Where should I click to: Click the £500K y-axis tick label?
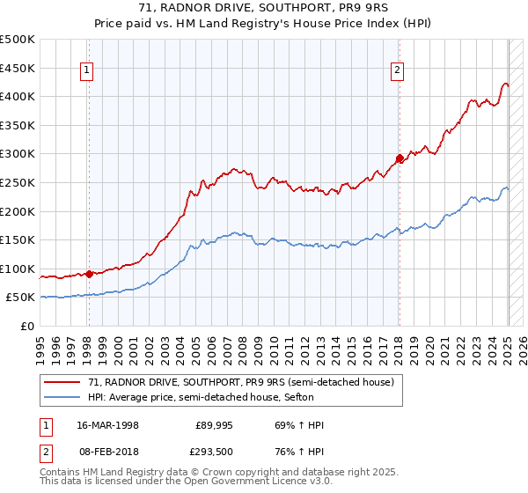click(x=18, y=40)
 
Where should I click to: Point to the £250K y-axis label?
click(x=18, y=182)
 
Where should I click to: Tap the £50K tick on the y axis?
click(x=21, y=298)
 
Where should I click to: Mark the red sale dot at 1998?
click(x=89, y=274)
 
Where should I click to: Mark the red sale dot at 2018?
click(x=399, y=158)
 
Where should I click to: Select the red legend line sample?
click(x=63, y=382)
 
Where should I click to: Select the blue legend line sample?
click(x=63, y=397)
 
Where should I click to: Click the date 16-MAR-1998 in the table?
click(x=110, y=425)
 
